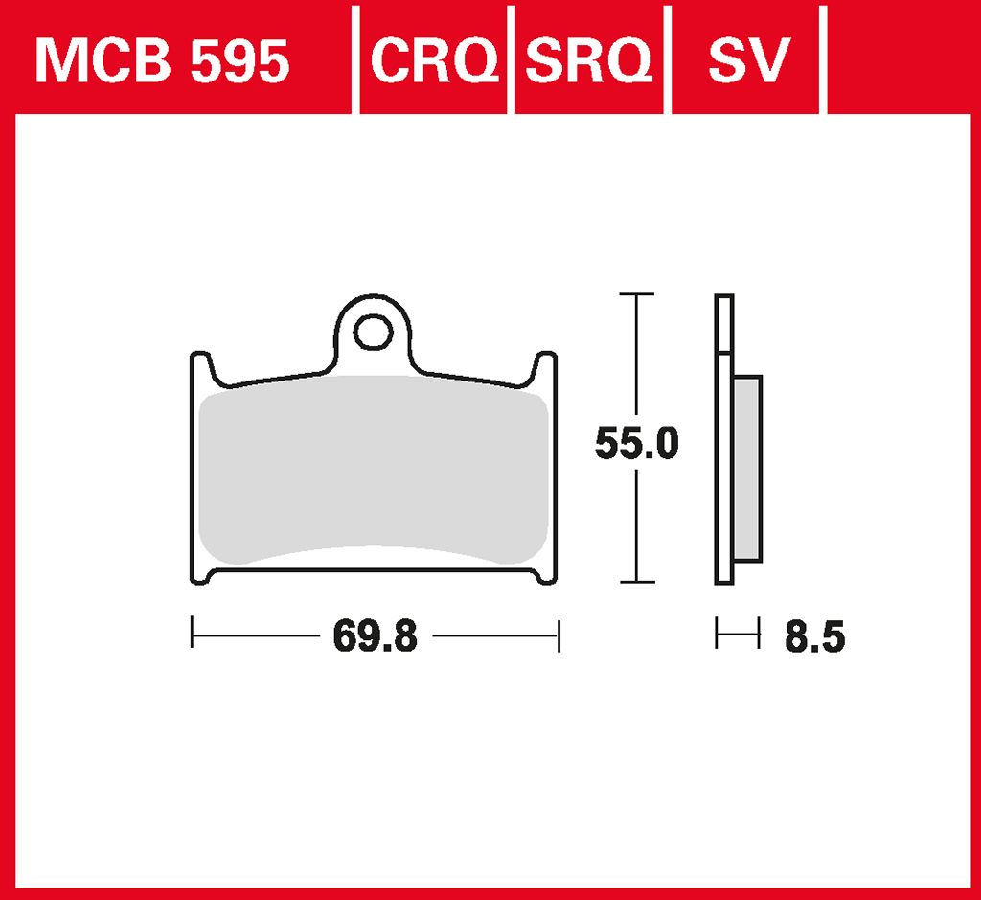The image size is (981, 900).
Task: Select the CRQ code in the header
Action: tap(435, 60)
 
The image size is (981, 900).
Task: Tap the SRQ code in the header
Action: tap(589, 60)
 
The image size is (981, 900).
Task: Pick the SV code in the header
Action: tap(749, 60)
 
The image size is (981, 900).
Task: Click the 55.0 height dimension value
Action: tap(636, 443)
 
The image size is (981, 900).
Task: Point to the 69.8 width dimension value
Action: tap(376, 635)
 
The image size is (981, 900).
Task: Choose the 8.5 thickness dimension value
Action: tap(814, 637)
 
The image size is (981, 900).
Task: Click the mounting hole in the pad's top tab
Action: tap(373, 332)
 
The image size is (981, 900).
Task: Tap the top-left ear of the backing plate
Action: tap(201, 367)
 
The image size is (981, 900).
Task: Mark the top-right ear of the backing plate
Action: tap(545, 367)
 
